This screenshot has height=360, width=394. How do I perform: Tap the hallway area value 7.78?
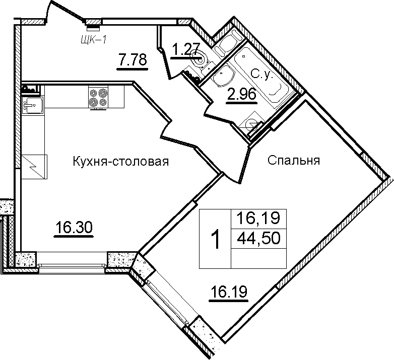[x=133, y=60]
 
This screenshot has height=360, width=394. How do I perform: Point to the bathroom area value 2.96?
[x=241, y=94]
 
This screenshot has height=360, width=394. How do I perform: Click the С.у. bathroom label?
[x=262, y=75]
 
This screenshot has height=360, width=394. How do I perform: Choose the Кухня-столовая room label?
[x=120, y=162]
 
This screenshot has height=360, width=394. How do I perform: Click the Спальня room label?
[x=294, y=161]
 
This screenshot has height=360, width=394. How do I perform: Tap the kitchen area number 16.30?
[x=74, y=227]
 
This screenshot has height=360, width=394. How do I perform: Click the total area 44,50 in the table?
[x=258, y=238]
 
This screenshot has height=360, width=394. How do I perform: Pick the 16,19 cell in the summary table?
[x=258, y=218]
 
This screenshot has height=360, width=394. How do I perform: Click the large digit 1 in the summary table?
[x=215, y=240]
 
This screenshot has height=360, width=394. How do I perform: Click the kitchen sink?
[x=33, y=105]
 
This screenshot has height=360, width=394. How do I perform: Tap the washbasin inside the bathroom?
[x=224, y=75]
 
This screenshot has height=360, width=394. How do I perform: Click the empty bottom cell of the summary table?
[x=258, y=259]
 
